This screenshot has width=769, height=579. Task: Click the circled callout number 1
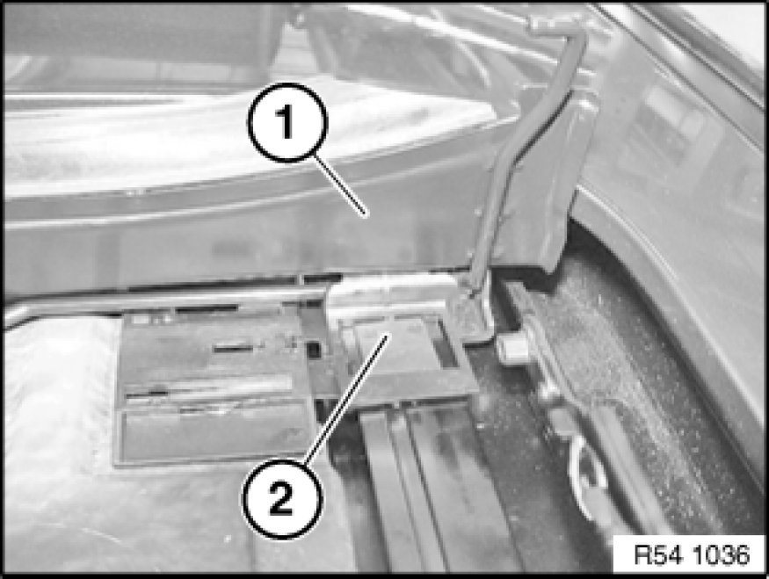click(x=287, y=123)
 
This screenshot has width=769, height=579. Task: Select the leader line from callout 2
click(x=346, y=398)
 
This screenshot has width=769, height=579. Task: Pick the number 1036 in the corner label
click(x=721, y=555)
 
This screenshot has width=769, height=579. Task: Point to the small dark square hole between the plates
click(x=313, y=349)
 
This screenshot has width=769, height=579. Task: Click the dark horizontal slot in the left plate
click(x=234, y=349)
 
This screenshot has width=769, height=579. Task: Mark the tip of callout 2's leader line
click(x=389, y=335)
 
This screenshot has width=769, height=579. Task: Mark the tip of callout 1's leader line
click(x=365, y=214)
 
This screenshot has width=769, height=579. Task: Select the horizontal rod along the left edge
click(x=162, y=303)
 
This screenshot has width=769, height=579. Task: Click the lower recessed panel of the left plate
click(x=216, y=434)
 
